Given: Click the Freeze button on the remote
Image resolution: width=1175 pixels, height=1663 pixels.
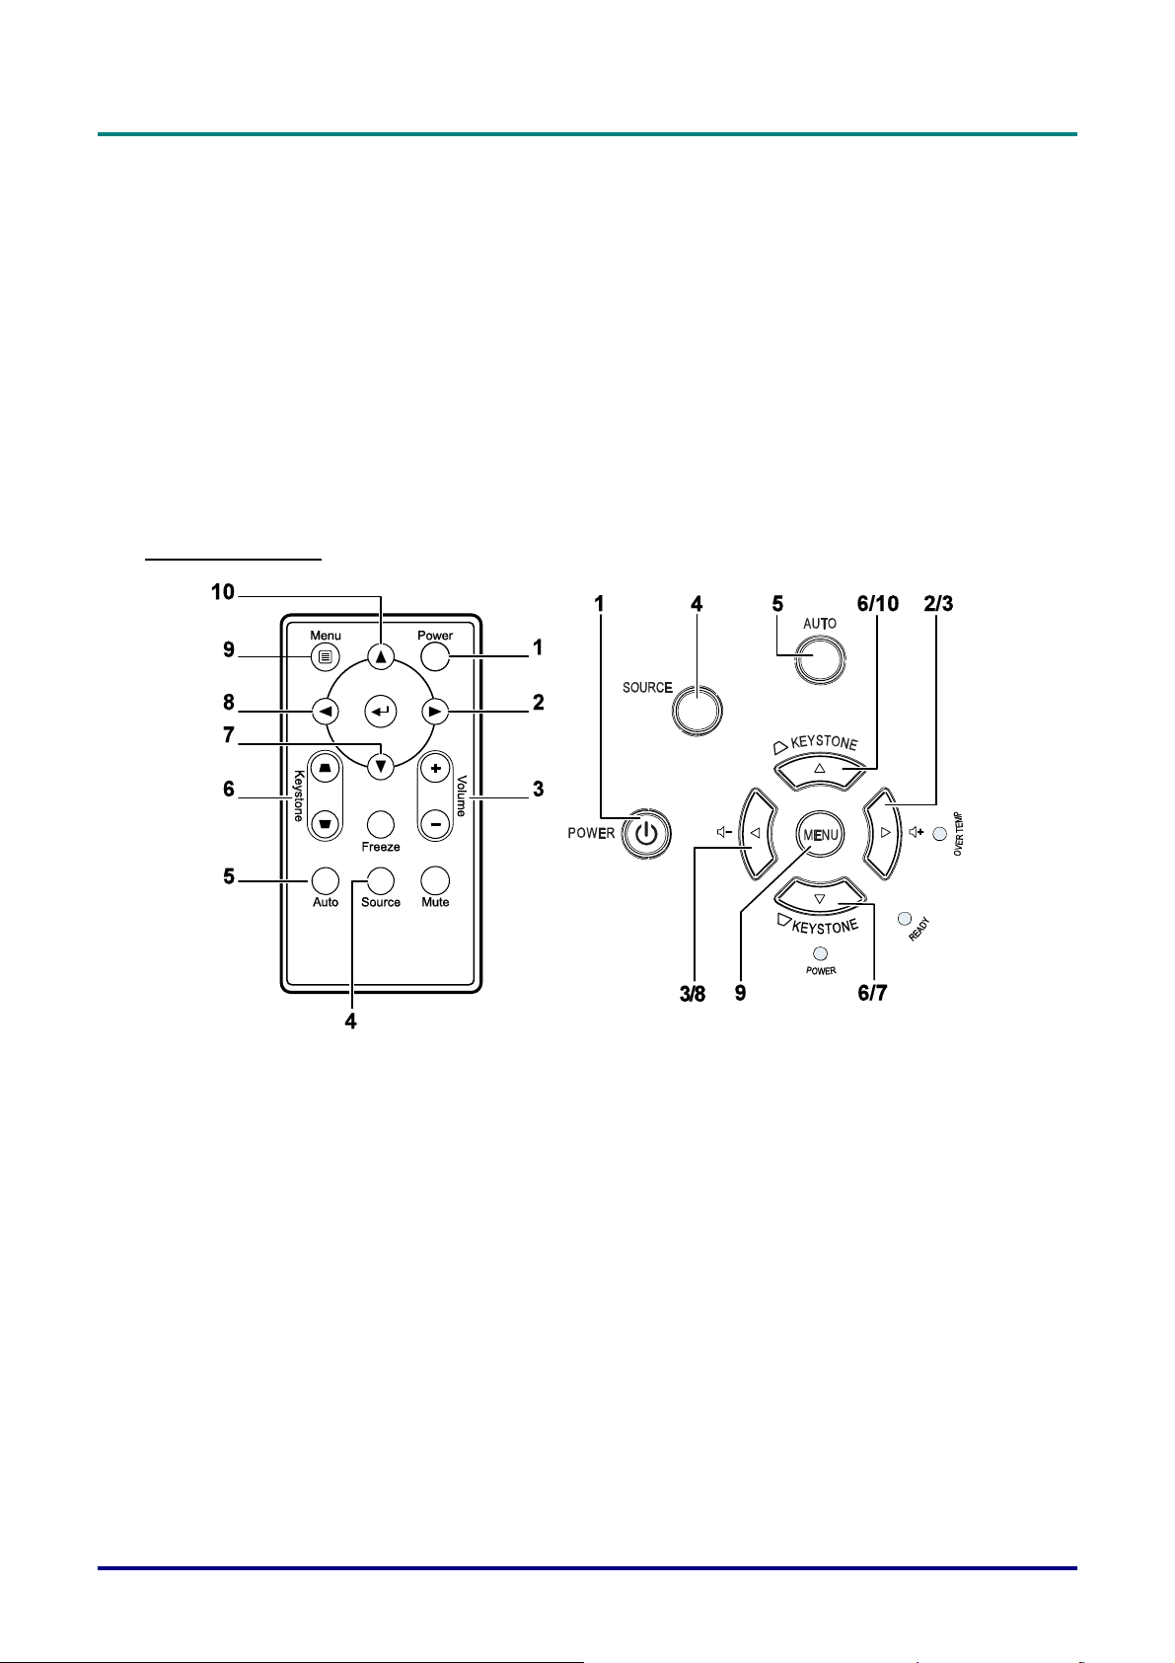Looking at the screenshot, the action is point(380,824).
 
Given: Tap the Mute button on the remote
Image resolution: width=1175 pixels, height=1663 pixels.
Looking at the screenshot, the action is point(435,880).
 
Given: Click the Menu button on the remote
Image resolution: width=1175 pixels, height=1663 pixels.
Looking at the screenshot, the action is point(326,656).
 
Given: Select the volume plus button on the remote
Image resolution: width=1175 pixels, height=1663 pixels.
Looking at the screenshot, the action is point(436,769).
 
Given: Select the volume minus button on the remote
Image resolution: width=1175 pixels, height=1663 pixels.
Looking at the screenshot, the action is point(436,824).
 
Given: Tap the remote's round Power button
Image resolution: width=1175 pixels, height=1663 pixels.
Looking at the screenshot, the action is point(435,656).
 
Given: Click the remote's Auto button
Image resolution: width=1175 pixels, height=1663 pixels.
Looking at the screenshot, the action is point(326,880).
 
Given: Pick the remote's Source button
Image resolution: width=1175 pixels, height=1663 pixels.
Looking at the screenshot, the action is point(380,880).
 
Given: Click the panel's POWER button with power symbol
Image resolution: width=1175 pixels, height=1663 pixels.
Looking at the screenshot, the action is point(646,833).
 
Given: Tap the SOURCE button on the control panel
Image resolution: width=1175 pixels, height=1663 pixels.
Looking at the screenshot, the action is point(697,711).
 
